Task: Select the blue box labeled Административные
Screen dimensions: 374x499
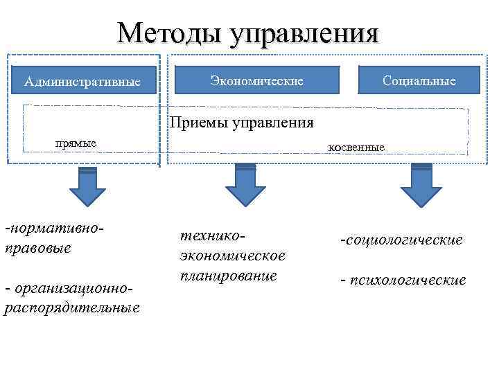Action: pyautogui.click(x=82, y=82)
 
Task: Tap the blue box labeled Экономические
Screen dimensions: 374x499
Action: pyautogui.click(x=257, y=80)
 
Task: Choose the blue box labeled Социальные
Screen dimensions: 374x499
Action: pyautogui.click(x=419, y=80)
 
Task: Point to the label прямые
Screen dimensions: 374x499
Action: pyautogui.click(x=76, y=143)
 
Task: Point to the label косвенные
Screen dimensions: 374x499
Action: pyautogui.click(x=356, y=147)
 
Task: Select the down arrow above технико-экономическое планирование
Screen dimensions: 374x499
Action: pyautogui.click(x=245, y=185)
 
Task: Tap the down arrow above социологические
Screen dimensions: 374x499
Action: pyautogui.click(x=421, y=185)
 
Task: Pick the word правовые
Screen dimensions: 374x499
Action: pyautogui.click(x=37, y=247)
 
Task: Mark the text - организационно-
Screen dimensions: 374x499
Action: pyautogui.click(x=67, y=287)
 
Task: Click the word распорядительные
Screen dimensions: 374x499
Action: pyautogui.click(x=72, y=307)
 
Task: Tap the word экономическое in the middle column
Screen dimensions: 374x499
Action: pyautogui.click(x=232, y=256)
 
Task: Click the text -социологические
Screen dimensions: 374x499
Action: pyautogui.click(x=401, y=240)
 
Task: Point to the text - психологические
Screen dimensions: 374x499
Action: pyautogui.click(x=403, y=280)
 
